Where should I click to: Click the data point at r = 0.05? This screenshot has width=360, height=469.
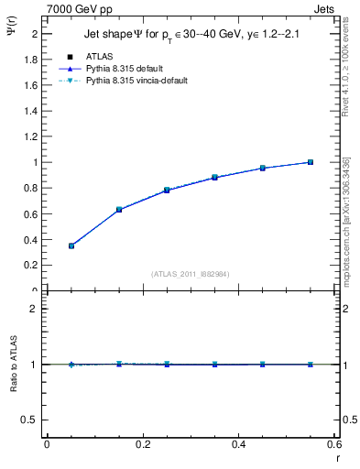[71, 245]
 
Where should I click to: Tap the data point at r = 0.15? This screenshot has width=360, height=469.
[119, 210]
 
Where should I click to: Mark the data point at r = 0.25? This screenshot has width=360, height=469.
[167, 190]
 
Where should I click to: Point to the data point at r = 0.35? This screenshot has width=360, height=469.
[214, 177]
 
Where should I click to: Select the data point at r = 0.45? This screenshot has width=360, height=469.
[263, 168]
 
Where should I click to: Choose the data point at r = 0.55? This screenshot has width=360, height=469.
[311, 162]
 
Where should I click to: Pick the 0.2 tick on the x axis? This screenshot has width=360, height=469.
[142, 445]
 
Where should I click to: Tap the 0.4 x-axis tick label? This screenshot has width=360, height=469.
[238, 445]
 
